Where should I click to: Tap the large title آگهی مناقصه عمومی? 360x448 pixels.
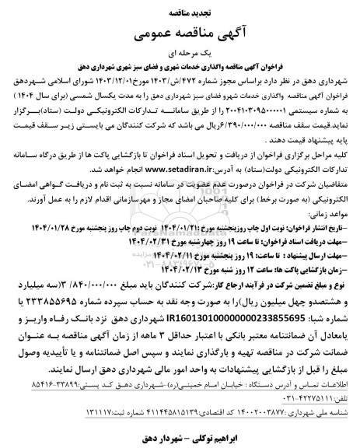tap(180, 33)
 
